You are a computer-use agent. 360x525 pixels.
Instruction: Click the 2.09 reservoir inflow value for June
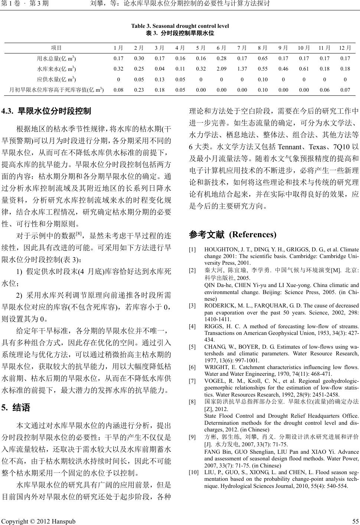click(222, 69)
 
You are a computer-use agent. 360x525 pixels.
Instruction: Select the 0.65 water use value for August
click(263, 59)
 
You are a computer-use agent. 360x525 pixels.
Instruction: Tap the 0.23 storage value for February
click(139, 90)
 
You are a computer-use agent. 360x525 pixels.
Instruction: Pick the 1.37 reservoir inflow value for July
click(242, 69)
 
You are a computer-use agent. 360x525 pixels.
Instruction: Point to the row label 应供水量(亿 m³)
click(57, 79)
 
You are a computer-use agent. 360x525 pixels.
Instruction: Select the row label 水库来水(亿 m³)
click(57, 69)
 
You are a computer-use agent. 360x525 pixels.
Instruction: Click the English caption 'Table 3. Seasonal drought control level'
click(180, 26)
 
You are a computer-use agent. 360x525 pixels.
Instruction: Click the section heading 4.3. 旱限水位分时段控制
click(46, 111)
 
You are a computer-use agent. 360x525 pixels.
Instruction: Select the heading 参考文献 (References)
click(233, 235)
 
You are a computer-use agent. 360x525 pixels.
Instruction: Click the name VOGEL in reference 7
click(213, 381)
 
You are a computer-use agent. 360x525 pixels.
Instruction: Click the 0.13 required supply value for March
click(160, 79)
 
